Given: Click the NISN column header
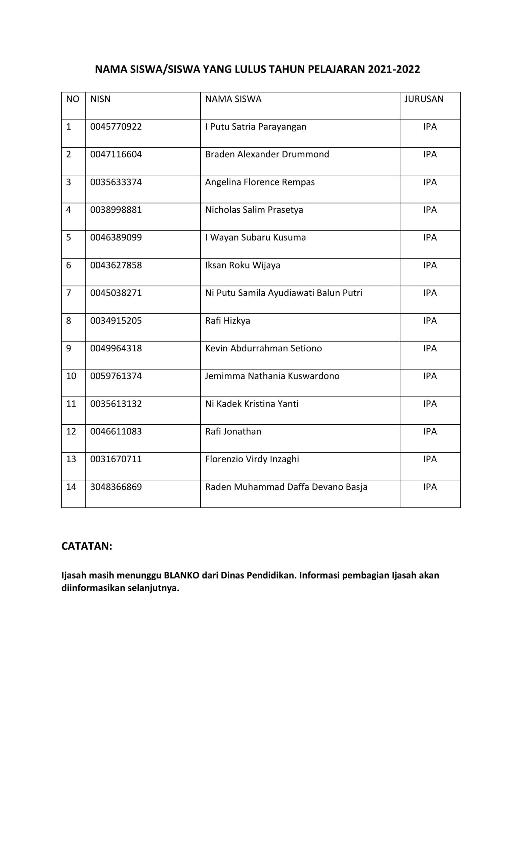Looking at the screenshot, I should click(100, 99).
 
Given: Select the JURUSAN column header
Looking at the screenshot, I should click(424, 99).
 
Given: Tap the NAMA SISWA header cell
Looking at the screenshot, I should click(233, 99).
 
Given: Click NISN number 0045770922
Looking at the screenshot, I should click(116, 127).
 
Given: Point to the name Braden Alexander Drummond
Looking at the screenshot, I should click(267, 154).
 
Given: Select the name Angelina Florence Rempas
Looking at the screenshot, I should click(260, 182).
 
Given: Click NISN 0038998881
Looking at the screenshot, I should click(116, 210).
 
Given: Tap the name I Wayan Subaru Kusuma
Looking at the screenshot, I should click(255, 237).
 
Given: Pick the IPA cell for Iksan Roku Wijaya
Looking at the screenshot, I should click(430, 265).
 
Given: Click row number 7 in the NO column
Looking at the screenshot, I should click(69, 293).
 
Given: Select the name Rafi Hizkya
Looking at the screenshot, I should click(227, 321).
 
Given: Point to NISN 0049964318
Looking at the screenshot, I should click(116, 348).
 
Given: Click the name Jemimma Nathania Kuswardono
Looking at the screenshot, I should click(272, 376).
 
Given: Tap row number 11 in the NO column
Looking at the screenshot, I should click(71, 404).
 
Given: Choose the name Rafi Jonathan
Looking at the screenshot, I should click(233, 431).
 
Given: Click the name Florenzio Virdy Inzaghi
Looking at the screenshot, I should click(252, 459).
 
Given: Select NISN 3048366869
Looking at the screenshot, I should click(116, 487).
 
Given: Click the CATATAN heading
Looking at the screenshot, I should click(87, 546).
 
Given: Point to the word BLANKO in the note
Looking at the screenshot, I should click(181, 575).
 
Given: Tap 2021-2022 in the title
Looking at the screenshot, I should click(394, 70).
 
